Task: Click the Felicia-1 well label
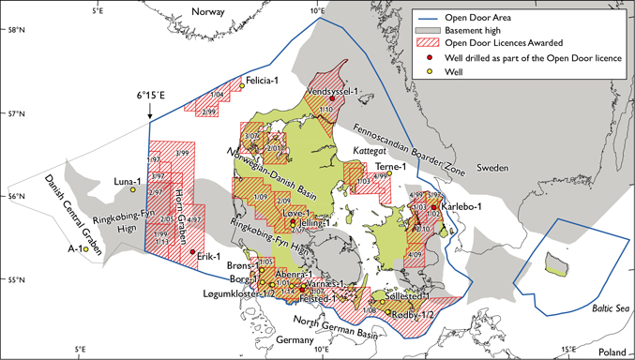point(265,82)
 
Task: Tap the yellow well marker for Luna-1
point(133,190)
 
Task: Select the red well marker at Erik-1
point(192,251)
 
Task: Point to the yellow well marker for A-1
point(84,249)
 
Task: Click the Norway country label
point(211,11)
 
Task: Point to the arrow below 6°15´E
point(148,112)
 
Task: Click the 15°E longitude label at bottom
point(567,351)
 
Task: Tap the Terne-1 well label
point(389,167)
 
